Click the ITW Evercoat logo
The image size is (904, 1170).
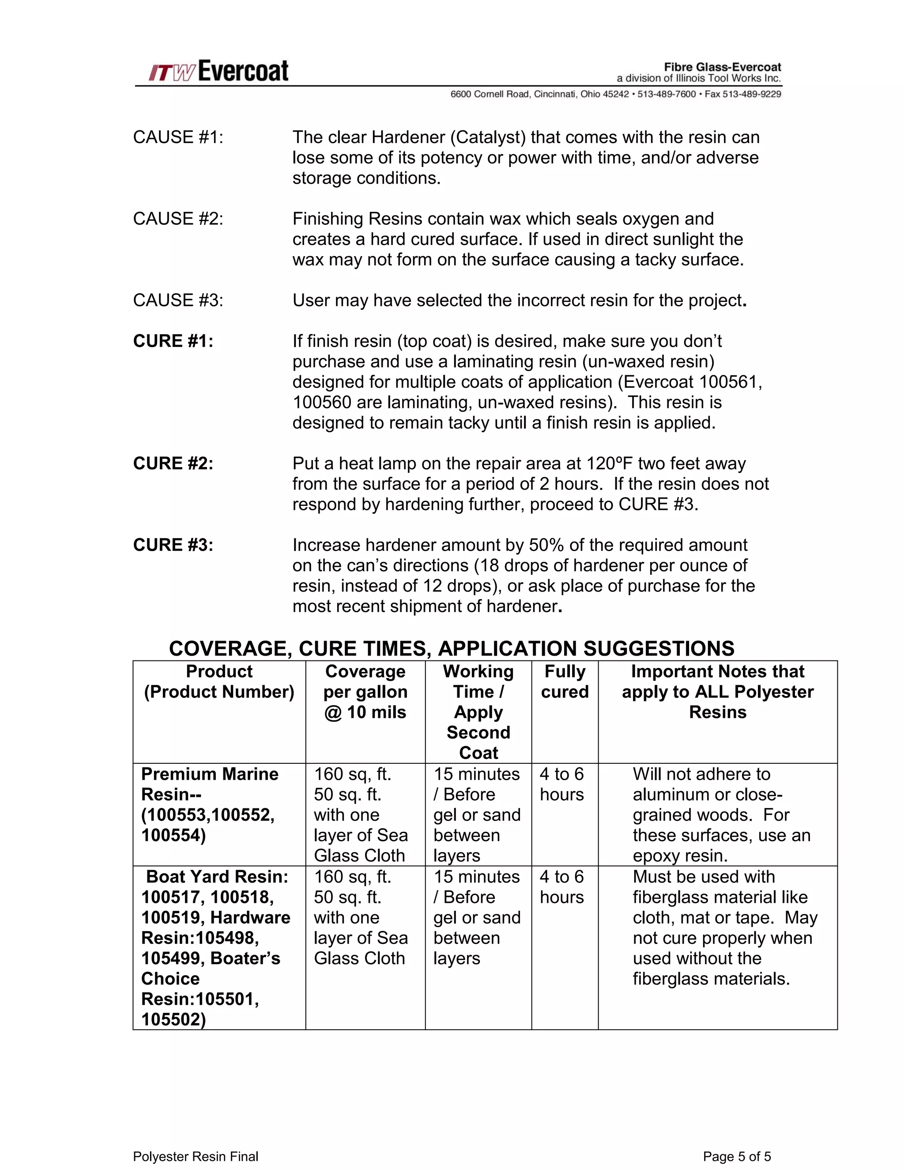(x=218, y=71)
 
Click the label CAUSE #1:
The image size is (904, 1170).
(x=178, y=137)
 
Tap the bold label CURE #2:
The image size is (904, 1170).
(x=173, y=464)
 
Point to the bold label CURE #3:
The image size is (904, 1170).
(x=173, y=545)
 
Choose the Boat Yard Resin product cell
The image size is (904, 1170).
(x=215, y=947)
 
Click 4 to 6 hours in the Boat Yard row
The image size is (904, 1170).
(x=561, y=887)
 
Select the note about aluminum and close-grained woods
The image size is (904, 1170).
(x=721, y=814)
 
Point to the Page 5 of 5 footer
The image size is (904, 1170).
(x=737, y=1156)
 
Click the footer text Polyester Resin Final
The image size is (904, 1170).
(x=196, y=1156)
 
